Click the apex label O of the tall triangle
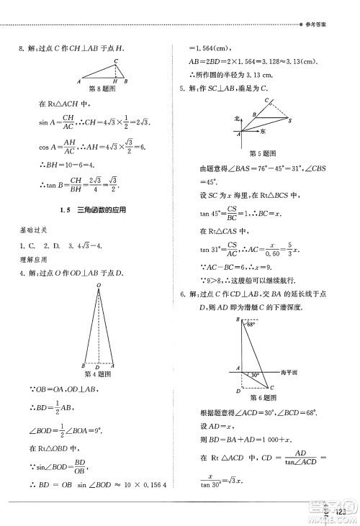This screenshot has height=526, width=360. pyautogui.click(x=98, y=286)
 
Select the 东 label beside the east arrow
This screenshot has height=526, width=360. pyautogui.click(x=264, y=132)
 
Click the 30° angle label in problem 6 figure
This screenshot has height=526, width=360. pyautogui.click(x=255, y=375)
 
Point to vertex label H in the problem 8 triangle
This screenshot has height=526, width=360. pyautogui.click(x=117, y=81)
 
